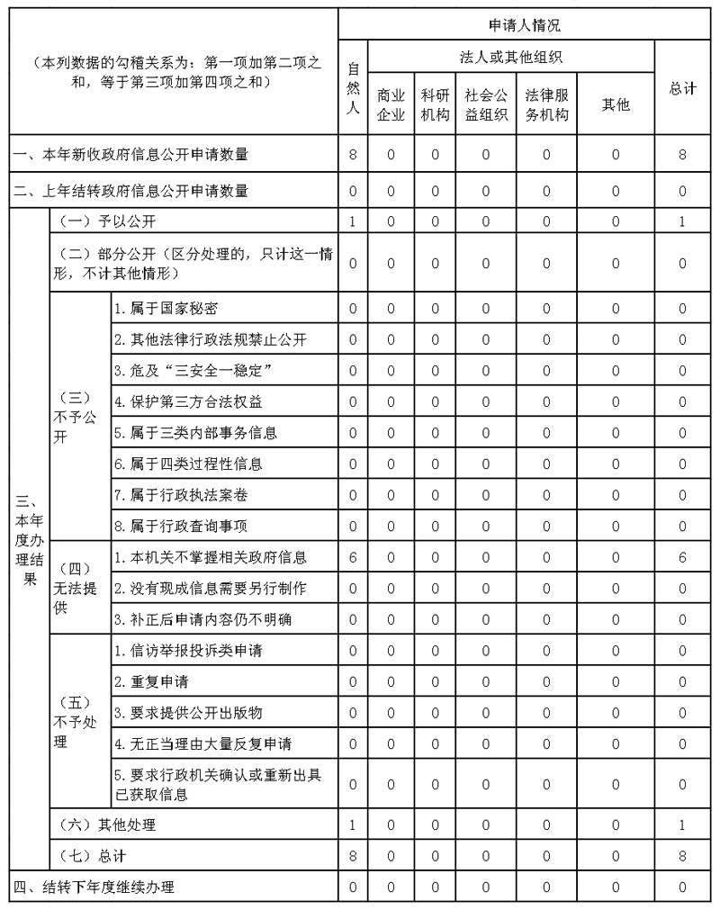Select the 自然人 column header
point(353,88)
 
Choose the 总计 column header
point(683,88)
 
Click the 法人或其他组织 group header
point(511,59)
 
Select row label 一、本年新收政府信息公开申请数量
point(130,155)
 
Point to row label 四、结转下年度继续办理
point(94,887)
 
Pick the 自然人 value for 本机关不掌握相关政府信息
point(353,557)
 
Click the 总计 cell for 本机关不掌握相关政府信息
point(683,557)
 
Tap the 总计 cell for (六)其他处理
point(683,824)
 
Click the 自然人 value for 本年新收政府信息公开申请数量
point(353,155)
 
